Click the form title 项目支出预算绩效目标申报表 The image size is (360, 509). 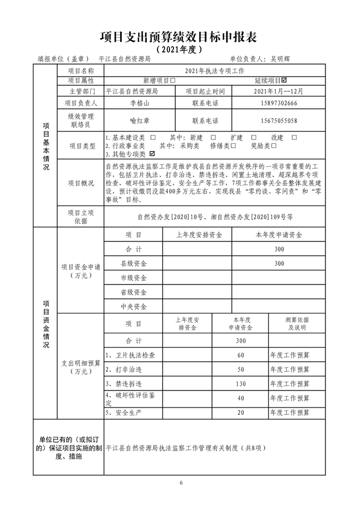point(179,37)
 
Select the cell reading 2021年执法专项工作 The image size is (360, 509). point(215,71)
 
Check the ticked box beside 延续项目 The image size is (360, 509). point(291,80)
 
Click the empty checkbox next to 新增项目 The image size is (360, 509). point(164,80)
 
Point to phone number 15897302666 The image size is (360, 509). point(276,103)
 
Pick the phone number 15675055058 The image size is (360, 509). point(276,121)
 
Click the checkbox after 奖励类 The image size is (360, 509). point(274,146)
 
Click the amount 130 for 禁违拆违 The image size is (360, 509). point(240,384)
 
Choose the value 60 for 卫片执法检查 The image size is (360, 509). point(240,355)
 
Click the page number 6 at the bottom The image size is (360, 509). point(180,482)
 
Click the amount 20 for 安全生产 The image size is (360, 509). point(240,413)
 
